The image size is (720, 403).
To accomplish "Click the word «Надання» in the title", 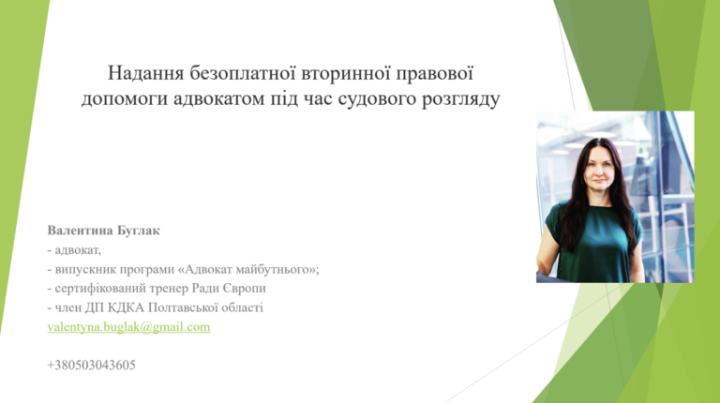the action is pyautogui.click(x=146, y=73).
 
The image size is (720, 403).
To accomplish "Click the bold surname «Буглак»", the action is pyautogui.click(x=139, y=231).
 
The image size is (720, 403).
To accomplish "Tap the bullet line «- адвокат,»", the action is pyautogui.click(x=74, y=250).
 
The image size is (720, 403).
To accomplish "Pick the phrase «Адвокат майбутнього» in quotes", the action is pyautogui.click(x=249, y=269).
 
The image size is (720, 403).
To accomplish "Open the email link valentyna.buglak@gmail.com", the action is pyautogui.click(x=128, y=327).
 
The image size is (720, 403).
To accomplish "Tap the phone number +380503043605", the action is pyautogui.click(x=91, y=366).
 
